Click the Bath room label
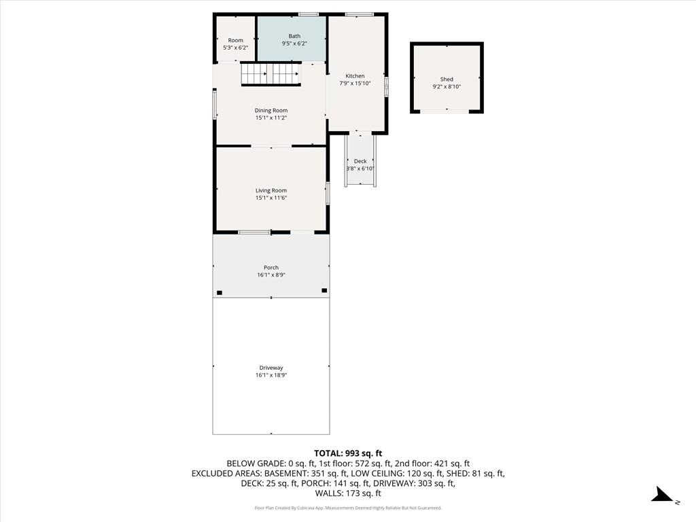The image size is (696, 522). point(294,36)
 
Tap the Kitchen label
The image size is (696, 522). point(355,76)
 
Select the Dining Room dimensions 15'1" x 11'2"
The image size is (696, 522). point(271,118)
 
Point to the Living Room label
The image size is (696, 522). point(271,190)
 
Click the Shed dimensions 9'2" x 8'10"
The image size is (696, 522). point(447,87)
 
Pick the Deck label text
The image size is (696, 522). point(360,161)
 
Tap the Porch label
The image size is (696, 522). point(271,267)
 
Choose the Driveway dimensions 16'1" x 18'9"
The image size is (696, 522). point(271,375)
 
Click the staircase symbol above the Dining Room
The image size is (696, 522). point(271,73)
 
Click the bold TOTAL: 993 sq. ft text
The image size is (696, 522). point(348,453)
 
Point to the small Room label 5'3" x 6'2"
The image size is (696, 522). point(235,44)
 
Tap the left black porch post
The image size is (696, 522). point(220,293)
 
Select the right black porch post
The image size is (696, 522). point(324,290)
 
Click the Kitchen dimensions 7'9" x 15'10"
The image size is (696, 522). point(355,84)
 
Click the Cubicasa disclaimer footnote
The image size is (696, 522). point(348,508)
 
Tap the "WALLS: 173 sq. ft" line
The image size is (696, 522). point(348,493)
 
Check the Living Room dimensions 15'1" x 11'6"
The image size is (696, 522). point(271,198)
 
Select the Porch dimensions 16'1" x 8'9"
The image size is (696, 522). point(271,275)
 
